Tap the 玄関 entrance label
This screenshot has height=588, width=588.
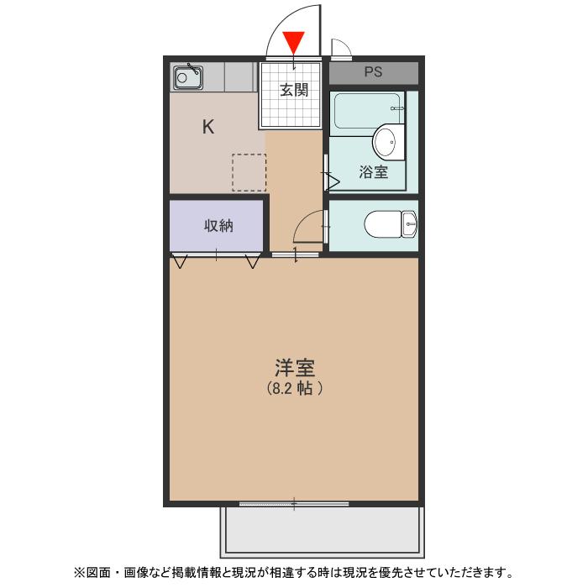(x=294, y=90)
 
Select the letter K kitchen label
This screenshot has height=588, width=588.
(x=208, y=128)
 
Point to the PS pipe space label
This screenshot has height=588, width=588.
(x=373, y=72)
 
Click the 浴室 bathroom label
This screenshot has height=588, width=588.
(x=373, y=173)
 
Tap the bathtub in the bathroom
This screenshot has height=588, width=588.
(x=366, y=111)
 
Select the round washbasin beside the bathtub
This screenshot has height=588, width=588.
(x=387, y=142)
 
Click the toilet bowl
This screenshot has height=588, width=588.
(x=383, y=224)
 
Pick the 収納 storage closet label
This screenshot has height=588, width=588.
(x=218, y=225)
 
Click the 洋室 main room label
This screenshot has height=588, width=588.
(x=294, y=367)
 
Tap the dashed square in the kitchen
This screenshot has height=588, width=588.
(x=249, y=172)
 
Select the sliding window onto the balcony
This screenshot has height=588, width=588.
(x=294, y=504)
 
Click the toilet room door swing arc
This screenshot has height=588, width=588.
(x=307, y=227)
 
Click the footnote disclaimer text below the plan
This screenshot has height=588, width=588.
(x=294, y=573)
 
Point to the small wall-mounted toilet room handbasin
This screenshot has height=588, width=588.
(x=409, y=223)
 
